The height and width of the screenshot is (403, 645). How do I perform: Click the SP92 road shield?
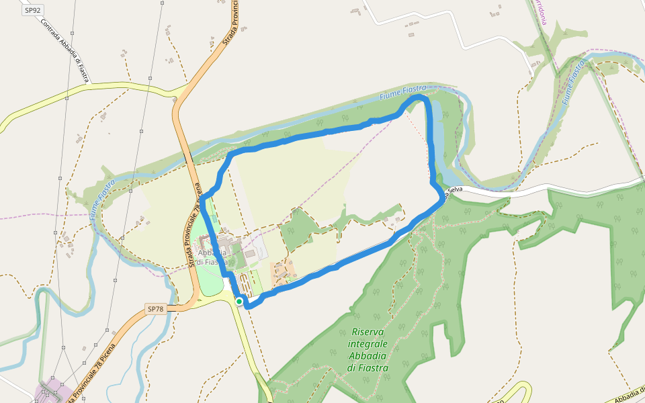coord(31,11)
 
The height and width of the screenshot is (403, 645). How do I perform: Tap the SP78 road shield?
coord(155,309)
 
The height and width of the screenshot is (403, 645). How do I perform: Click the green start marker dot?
coord(239,302)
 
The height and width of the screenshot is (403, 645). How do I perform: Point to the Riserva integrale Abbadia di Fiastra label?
coord(368,349)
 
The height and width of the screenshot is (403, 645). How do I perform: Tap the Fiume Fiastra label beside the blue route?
coord(402,93)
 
